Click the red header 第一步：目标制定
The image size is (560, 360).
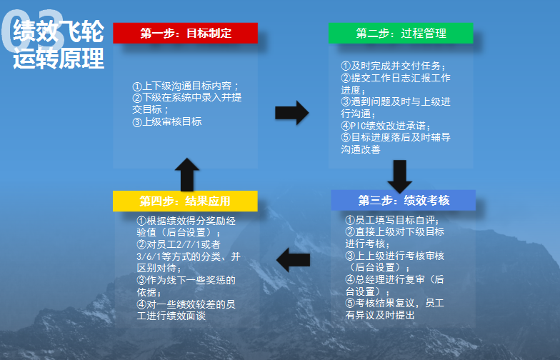point(185,33)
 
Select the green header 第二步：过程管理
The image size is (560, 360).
point(401,33)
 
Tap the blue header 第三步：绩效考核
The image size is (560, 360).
point(403,200)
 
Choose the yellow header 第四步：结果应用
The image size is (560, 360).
point(185,201)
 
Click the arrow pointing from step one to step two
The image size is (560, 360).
point(291,113)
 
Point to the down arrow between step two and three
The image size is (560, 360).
point(399,176)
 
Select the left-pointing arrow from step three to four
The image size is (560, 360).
point(293,259)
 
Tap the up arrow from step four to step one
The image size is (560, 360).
point(186,174)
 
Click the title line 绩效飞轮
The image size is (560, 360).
point(59,32)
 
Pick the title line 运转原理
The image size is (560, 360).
point(59,59)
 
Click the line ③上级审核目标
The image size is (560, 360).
point(167,121)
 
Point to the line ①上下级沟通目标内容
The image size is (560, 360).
point(186,86)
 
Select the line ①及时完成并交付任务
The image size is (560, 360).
point(394,66)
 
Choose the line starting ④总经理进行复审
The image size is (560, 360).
point(395,279)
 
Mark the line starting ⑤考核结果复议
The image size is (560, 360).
point(395,303)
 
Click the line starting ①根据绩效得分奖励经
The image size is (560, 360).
point(186,221)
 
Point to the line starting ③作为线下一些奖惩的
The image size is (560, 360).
point(186,280)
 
